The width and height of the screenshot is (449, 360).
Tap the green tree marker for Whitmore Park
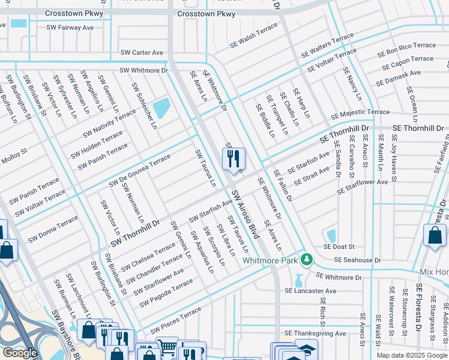(307, 259)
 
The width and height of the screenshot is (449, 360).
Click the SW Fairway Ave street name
(70, 28)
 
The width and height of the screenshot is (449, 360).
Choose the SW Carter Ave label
(142, 53)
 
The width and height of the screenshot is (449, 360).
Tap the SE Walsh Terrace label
(254, 36)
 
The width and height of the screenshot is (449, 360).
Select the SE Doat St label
(339, 247)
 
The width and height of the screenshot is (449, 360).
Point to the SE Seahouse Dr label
(357, 260)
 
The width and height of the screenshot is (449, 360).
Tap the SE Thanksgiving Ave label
(315, 333)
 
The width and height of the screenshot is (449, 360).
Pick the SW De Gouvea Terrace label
(139, 170)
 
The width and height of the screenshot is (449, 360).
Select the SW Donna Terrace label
(53, 227)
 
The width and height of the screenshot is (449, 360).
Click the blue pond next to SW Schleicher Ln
(161, 109)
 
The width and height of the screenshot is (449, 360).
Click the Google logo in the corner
(20, 353)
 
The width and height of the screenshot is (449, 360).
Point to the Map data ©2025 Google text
(411, 355)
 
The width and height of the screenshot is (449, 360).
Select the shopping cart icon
(167, 347)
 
